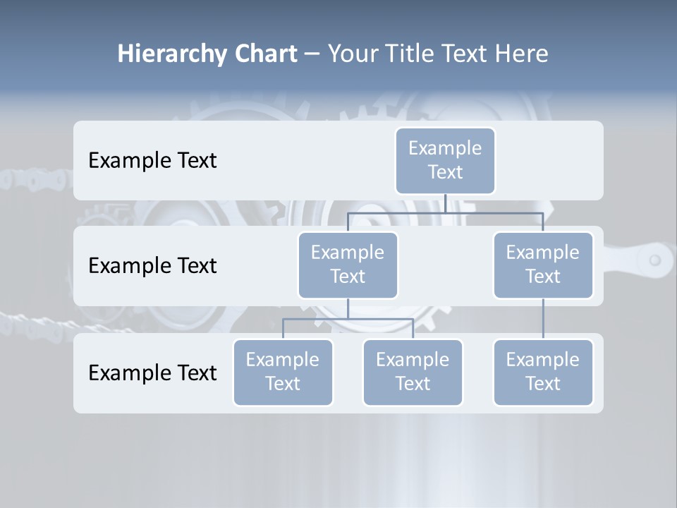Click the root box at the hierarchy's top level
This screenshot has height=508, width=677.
coord(445,160)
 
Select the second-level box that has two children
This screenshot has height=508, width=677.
coord(348,265)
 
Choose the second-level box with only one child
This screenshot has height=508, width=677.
coord(543,265)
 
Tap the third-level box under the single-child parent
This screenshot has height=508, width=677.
coord(543,372)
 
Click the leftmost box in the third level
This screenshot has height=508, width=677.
coord(283,372)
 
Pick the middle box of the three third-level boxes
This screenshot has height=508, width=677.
coord(413,372)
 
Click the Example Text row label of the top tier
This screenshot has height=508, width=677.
coord(152,161)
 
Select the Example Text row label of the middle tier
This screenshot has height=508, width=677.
coord(152,266)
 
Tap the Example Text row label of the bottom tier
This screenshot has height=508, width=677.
coord(152,373)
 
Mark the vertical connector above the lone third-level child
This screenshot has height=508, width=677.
coord(543,319)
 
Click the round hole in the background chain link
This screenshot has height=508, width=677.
coord(654,260)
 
